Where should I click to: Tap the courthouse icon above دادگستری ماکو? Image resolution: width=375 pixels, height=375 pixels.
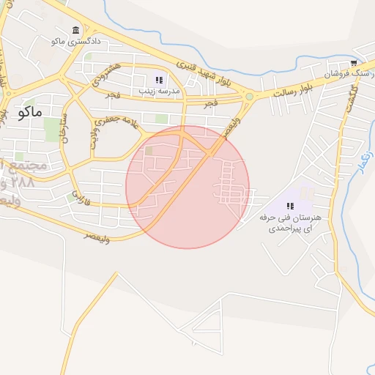coord(77,30)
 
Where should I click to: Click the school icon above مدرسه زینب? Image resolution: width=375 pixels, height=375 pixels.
coord(158,80)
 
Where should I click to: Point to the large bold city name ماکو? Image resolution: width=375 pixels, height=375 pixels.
coord(32,112)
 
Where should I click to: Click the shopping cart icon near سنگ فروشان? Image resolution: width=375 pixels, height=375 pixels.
coord(354,63)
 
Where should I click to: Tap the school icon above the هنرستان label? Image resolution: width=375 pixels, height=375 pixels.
coord(280,206)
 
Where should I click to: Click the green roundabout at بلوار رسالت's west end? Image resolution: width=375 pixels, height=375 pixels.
coord(250,96)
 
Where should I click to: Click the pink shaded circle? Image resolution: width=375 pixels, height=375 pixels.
coord(187,187)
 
